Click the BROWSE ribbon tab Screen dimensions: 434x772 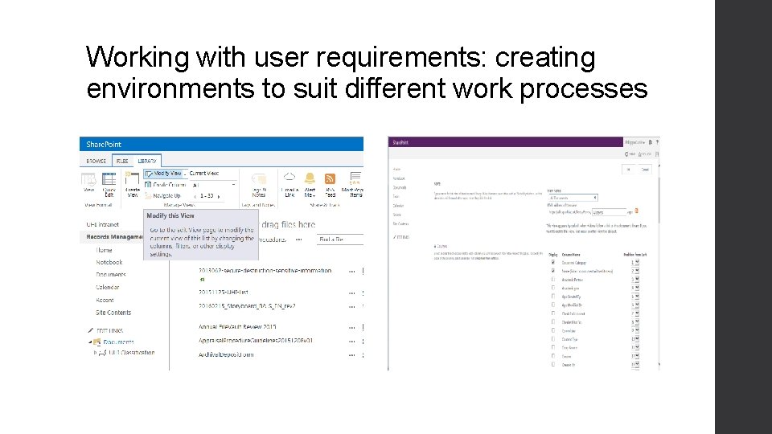click(96, 161)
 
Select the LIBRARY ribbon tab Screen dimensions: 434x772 click(147, 161)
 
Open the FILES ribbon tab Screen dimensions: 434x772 click(121, 161)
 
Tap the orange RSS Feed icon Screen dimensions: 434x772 click(330, 179)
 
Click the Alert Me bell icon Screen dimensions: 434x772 click(310, 179)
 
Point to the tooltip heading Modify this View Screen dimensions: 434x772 click(170, 215)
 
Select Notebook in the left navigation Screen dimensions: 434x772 click(109, 263)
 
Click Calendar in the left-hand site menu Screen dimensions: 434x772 click(108, 287)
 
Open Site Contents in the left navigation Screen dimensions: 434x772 click(113, 313)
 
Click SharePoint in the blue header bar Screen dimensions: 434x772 click(104, 145)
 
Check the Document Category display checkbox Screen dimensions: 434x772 click(552, 263)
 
